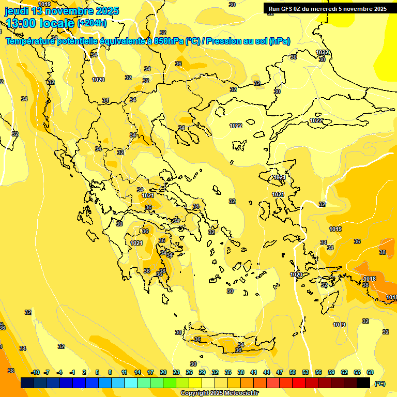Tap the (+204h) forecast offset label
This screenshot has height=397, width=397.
(92, 23)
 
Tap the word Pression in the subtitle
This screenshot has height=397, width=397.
(222, 41)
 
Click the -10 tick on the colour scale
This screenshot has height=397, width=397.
(35, 372)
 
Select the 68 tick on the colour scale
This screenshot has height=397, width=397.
(370, 372)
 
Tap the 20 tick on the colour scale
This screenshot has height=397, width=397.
(163, 372)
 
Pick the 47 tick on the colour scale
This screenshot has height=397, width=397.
(280, 372)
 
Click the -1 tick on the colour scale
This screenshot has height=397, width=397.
(72, 372)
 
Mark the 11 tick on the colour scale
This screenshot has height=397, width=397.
(124, 372)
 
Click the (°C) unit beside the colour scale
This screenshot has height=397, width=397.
(380, 383)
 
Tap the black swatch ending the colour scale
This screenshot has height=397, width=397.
(363, 383)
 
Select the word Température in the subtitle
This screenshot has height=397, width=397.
(31, 41)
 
